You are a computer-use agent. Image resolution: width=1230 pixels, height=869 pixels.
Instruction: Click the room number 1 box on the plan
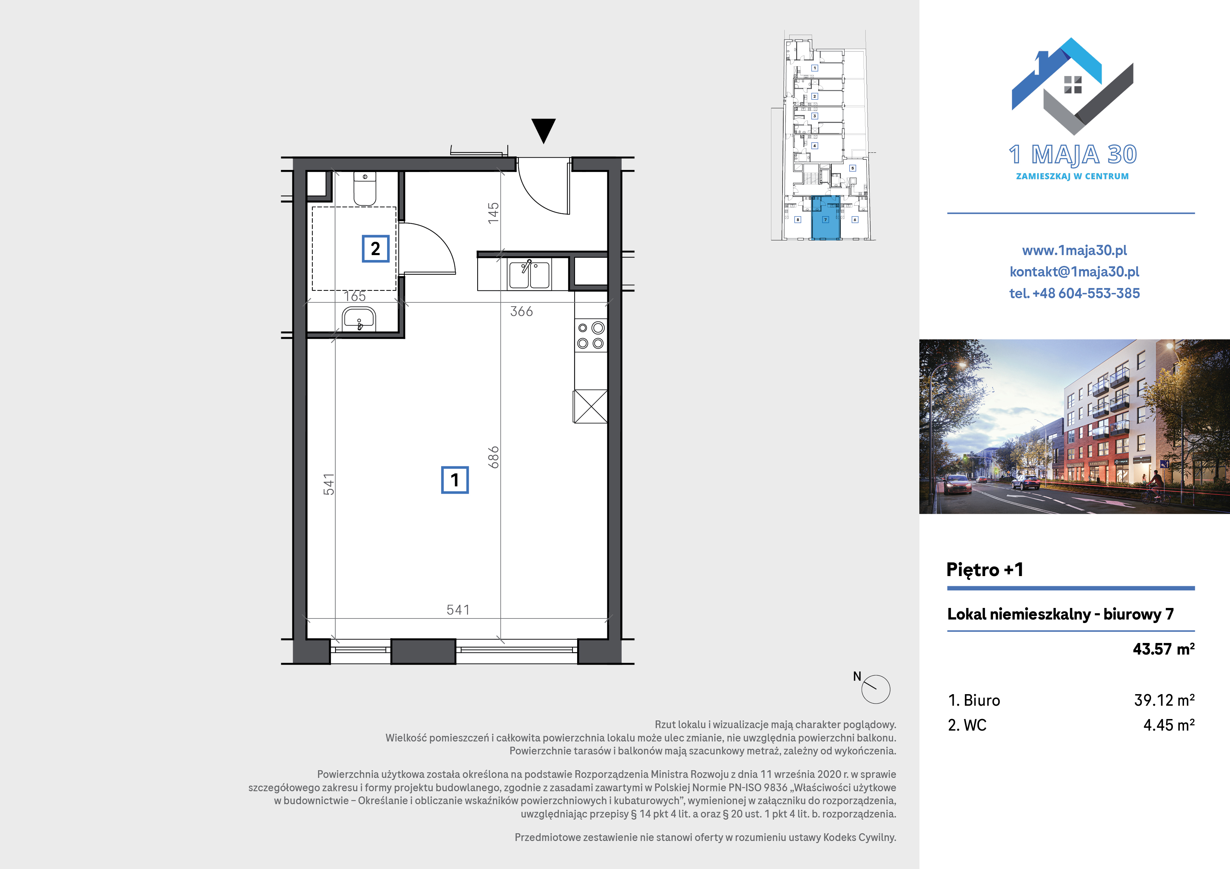click(455, 480)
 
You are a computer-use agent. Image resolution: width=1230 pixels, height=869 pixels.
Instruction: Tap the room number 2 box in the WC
click(376, 248)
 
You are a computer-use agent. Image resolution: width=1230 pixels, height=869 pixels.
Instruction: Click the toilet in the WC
click(365, 189)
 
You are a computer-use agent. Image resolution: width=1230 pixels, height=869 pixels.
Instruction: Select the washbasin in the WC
click(359, 319)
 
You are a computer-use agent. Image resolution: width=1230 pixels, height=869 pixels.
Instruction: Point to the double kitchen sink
click(529, 274)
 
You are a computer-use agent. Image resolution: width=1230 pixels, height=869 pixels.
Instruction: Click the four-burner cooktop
click(591, 335)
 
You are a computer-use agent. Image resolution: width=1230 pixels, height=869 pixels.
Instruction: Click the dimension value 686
click(493, 457)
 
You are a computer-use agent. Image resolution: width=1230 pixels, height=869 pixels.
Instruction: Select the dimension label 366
click(521, 312)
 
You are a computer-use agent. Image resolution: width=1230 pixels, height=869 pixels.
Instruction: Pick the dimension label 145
click(493, 213)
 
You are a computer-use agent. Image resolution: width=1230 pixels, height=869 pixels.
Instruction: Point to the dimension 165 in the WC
click(354, 296)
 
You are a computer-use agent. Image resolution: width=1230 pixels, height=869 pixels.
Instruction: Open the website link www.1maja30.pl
click(1074, 250)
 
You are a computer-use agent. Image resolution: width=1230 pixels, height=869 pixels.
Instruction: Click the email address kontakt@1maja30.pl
click(1074, 272)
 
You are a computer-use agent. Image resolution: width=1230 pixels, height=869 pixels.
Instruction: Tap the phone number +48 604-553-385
click(1086, 293)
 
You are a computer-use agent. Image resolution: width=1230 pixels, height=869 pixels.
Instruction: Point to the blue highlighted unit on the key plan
click(825, 218)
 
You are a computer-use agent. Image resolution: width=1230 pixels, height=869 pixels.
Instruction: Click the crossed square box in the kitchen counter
click(590, 406)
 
